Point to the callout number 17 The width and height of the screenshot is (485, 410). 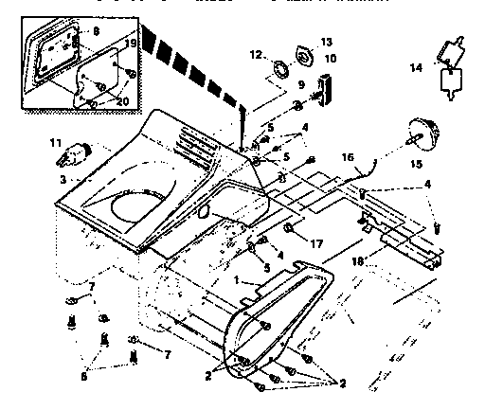pyautogui.click(x=317, y=243)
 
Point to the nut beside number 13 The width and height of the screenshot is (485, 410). pyautogui.click(x=305, y=54)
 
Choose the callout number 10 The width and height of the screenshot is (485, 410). pyautogui.click(x=330, y=59)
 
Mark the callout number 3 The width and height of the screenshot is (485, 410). pyautogui.click(x=36, y=179)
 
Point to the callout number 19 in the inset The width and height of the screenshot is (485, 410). pyautogui.click(x=131, y=44)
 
